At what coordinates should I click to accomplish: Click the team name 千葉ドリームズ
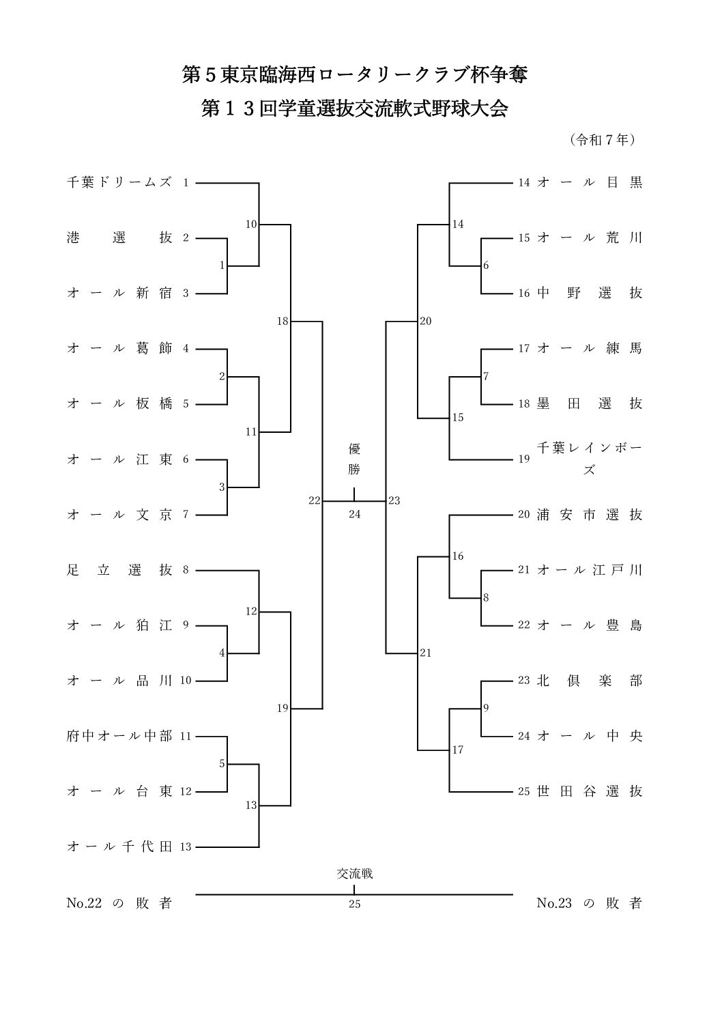point(119,183)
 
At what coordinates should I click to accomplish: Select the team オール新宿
point(119,294)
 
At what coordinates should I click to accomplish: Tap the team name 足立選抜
point(119,570)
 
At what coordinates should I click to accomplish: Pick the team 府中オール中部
point(119,737)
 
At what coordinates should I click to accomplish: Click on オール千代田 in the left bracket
point(119,847)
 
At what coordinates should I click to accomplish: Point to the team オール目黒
point(590,183)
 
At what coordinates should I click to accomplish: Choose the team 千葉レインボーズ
point(590,459)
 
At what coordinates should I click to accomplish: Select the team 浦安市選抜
point(590,515)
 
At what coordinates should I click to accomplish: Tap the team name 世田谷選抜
point(590,792)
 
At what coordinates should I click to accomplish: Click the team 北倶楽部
point(590,681)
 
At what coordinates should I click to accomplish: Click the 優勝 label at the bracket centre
point(354,459)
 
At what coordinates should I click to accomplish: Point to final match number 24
point(354,515)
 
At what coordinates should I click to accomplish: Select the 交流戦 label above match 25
point(354,873)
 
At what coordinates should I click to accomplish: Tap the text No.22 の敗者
point(119,904)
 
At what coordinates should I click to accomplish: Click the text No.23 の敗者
point(590,904)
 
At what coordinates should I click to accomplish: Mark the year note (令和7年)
point(603,140)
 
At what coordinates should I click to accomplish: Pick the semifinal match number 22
point(314,500)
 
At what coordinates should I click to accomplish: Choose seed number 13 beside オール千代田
point(186,847)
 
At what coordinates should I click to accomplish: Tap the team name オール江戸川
point(590,570)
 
